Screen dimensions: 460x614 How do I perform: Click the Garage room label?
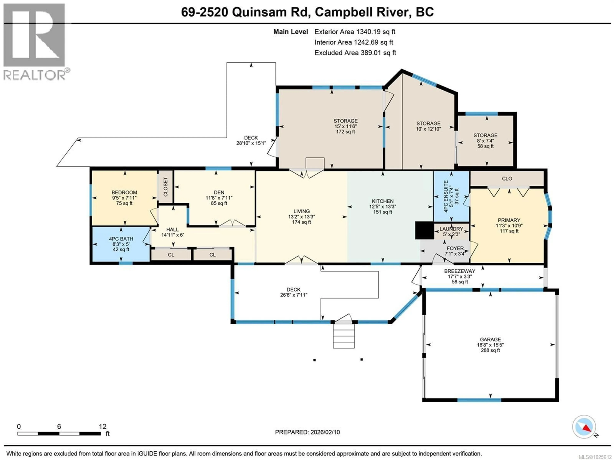coord(490,340)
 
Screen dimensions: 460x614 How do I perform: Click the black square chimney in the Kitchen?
coord(424,230)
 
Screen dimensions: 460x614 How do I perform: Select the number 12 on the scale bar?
coord(102,427)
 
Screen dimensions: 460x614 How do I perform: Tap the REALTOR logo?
coord(35,42)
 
